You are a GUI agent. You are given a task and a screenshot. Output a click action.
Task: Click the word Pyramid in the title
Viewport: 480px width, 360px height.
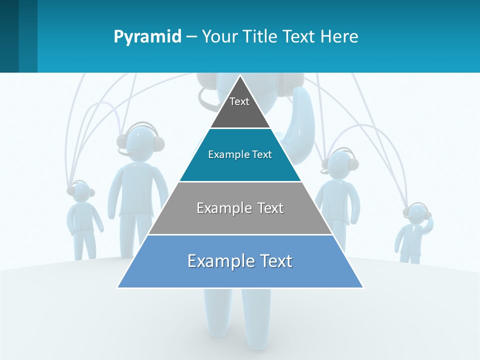coord(147,36)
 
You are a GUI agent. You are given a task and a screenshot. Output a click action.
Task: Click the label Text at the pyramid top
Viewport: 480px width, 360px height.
coord(239,101)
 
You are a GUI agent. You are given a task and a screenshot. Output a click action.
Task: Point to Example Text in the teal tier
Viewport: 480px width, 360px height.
coord(240,154)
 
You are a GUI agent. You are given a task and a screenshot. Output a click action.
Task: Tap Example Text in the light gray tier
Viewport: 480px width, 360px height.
coord(240,208)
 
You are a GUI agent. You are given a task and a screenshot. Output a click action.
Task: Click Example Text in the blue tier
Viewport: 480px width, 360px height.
coord(240,261)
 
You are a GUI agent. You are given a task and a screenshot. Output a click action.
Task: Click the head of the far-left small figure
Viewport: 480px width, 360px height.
coord(80,192)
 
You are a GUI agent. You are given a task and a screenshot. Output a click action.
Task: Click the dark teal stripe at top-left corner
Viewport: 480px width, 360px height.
coord(9,36)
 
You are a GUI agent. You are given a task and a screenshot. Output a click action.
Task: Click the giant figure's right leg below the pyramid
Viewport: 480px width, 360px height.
coord(256,315)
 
